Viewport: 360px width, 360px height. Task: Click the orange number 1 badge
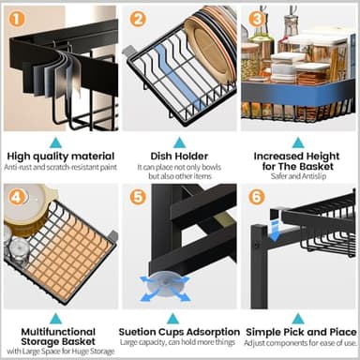[15, 18]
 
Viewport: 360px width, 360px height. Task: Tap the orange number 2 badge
[138, 18]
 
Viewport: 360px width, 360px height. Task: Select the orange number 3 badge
[257, 18]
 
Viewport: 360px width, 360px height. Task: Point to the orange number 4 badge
[15, 196]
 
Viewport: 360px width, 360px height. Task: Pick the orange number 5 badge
[138, 196]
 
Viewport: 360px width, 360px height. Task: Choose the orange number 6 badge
[257, 196]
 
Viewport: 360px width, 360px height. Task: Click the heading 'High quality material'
[59, 156]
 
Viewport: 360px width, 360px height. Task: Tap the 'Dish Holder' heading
[178, 156]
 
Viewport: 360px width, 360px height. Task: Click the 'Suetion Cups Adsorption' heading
[178, 332]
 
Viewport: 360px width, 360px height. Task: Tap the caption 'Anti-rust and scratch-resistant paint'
[59, 168]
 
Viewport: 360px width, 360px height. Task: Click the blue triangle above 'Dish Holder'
[178, 141]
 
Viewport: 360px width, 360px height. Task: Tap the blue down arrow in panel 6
[275, 228]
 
